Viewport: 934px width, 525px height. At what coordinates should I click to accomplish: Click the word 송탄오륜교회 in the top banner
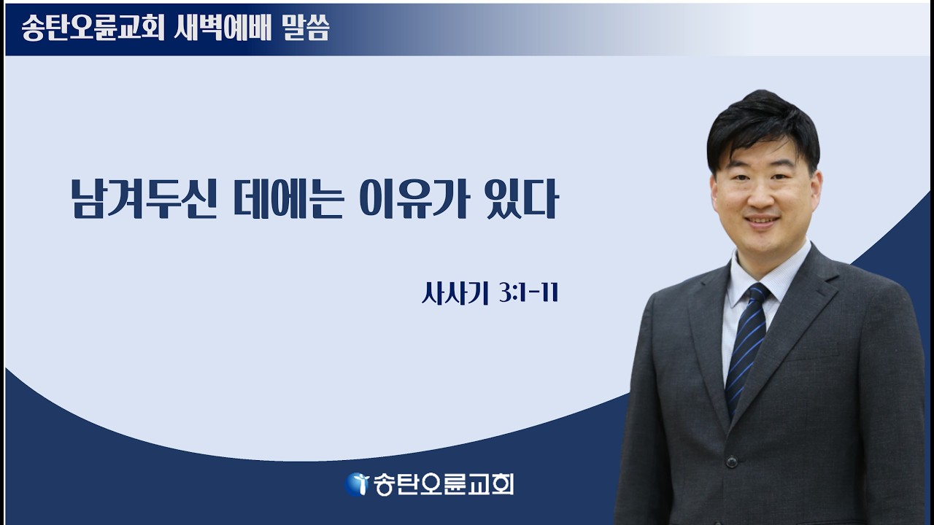(92, 29)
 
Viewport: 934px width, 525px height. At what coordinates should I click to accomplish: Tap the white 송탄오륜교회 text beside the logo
(444, 484)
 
